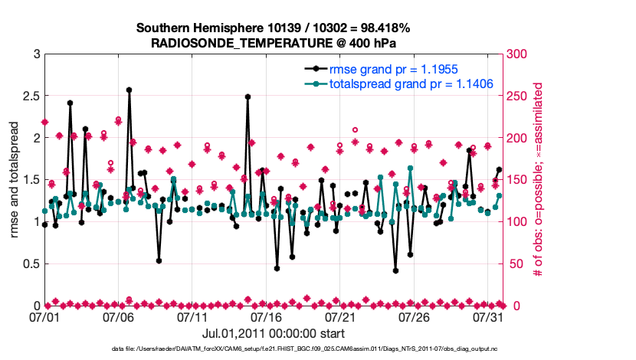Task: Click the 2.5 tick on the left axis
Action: coord(31,96)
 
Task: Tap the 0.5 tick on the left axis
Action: coord(31,263)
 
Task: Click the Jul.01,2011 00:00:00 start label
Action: coord(273,333)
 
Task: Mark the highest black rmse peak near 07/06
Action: coord(129,90)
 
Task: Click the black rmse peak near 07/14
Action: coord(248,97)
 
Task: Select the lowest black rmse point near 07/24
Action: coord(395,270)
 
